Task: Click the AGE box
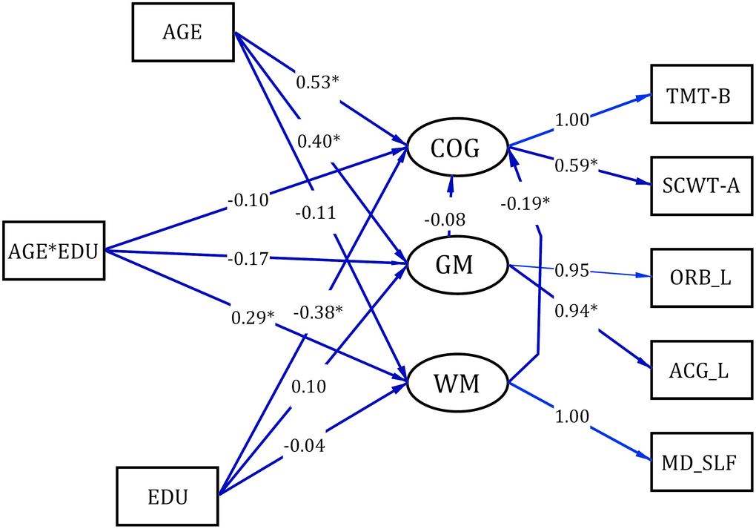pyautogui.click(x=182, y=33)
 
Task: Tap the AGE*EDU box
pyautogui.click(x=54, y=250)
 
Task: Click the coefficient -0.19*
pyautogui.click(x=524, y=203)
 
